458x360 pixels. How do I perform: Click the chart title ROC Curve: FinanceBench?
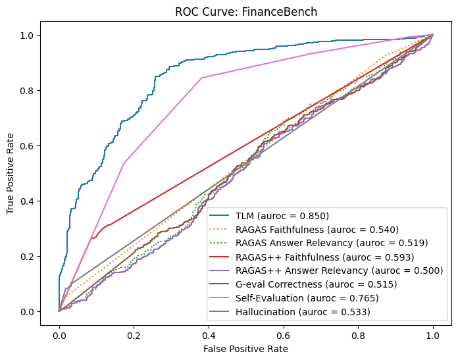click(246, 12)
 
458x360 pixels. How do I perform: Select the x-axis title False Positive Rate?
click(245, 348)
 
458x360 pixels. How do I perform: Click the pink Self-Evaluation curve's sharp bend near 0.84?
click(201, 78)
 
